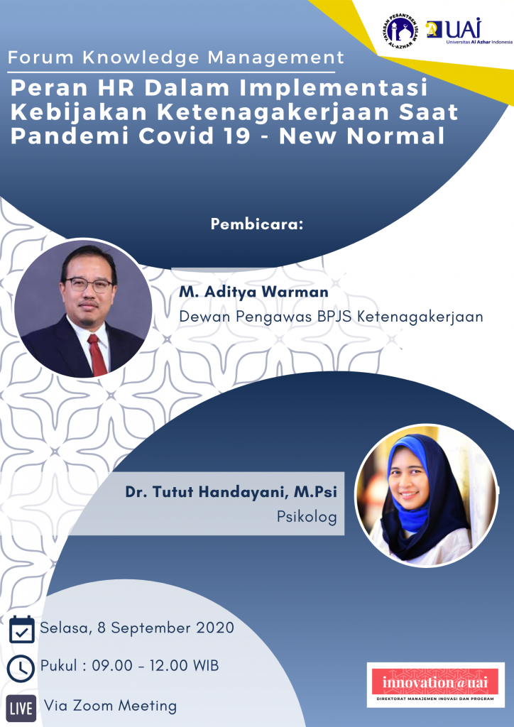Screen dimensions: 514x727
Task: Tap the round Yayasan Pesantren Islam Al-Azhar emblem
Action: pos(401,31)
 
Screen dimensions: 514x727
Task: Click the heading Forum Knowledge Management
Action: pos(176,58)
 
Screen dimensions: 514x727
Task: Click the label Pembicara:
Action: pos(257,224)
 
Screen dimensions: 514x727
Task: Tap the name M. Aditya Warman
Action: pos(253,292)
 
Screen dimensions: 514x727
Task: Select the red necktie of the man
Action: pos(97,355)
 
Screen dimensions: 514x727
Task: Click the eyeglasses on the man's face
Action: pos(89,285)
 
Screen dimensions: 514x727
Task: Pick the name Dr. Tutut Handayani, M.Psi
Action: pos(231,493)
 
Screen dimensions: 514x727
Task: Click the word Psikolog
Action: pos(307,517)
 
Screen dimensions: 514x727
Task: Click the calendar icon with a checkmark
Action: pos(22,629)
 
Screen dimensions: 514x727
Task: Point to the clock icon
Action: pos(21,668)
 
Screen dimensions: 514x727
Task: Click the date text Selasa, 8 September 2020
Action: pos(137,628)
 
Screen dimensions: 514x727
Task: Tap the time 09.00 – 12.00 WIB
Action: pos(155,666)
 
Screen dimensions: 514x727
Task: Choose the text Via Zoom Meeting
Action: pos(110,706)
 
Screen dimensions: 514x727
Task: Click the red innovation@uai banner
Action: pos(435,682)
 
